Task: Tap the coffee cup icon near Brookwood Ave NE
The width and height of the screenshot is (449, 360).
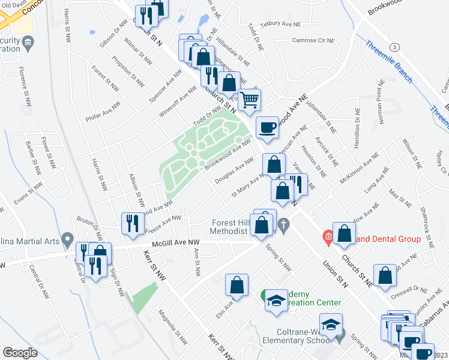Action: pyautogui.click(x=268, y=127)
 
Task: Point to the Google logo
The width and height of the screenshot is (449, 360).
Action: pyautogui.click(x=20, y=353)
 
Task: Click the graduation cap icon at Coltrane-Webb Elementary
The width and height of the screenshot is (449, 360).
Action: pyautogui.click(x=330, y=325)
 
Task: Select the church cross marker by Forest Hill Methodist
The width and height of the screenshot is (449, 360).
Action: pyautogui.click(x=285, y=225)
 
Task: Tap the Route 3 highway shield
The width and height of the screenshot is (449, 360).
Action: pyautogui.click(x=394, y=47)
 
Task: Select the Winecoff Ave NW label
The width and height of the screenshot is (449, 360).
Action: pyautogui.click(x=178, y=101)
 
